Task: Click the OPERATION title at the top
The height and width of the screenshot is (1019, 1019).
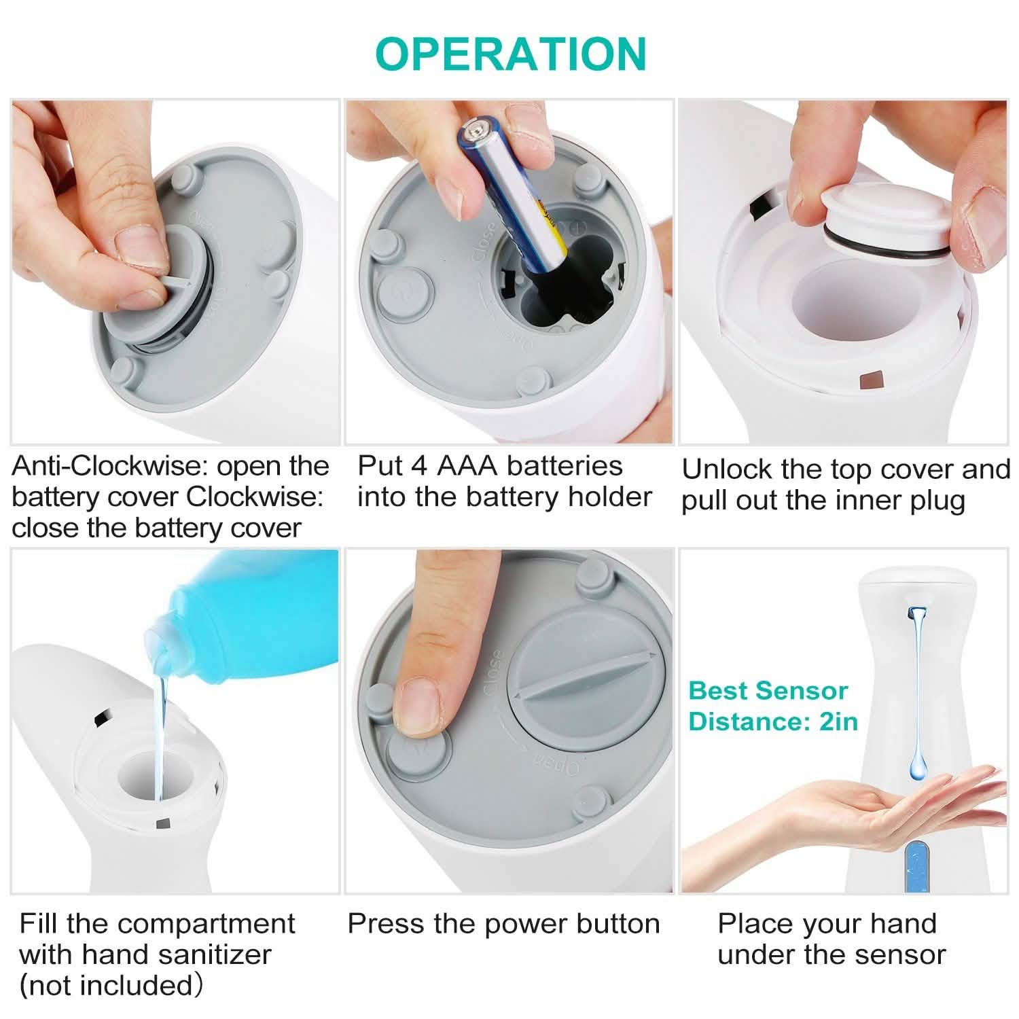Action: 510,54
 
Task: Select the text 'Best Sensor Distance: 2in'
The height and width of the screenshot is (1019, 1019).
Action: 772,706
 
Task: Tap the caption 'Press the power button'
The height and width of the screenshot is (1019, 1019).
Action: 503,924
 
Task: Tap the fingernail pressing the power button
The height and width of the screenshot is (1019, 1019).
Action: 418,707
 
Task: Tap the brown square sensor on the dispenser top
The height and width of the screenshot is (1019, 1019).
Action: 870,380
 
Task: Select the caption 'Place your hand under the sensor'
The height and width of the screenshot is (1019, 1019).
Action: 831,939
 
